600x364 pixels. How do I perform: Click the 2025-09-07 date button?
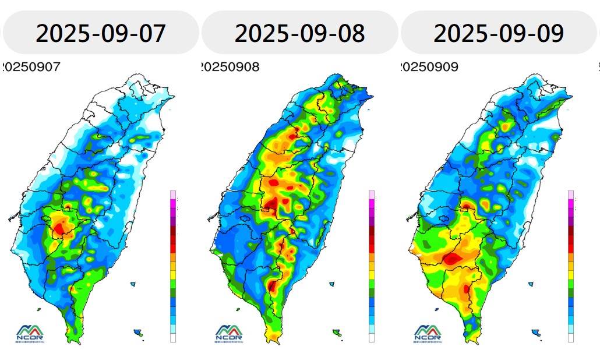coord(100,33)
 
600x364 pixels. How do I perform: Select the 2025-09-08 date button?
coord(299,33)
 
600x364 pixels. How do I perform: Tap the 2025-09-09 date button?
coord(499,33)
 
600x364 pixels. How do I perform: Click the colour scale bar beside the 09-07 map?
coord(172,266)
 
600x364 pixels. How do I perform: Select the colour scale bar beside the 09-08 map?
coord(372,266)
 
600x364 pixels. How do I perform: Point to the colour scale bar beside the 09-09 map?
coord(571,266)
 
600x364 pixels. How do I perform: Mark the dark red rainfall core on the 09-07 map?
coord(59,229)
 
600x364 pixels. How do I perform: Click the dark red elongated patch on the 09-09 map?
coord(453,258)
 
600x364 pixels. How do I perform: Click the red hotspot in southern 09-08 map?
coord(272,285)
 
